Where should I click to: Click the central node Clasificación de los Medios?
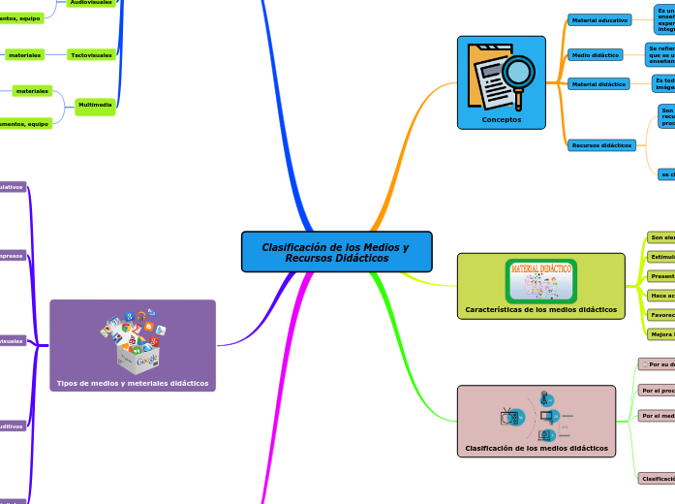[336, 252]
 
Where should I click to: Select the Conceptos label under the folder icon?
[501, 120]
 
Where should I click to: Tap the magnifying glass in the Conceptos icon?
[519, 74]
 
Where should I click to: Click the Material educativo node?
[598, 19]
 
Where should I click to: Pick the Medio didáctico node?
[595, 55]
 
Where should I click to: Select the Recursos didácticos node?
[601, 145]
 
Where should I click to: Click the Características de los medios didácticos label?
[540, 310]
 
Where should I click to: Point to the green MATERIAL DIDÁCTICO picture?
[540, 280]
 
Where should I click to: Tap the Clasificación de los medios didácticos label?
[537, 448]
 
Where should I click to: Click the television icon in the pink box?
[509, 417]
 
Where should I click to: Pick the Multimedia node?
[95, 105]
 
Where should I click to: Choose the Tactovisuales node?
[92, 55]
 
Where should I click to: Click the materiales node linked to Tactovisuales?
[24, 55]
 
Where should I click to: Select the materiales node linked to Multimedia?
[32, 91]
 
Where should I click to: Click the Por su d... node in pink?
[657, 364]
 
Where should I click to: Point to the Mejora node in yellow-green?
[661, 333]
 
